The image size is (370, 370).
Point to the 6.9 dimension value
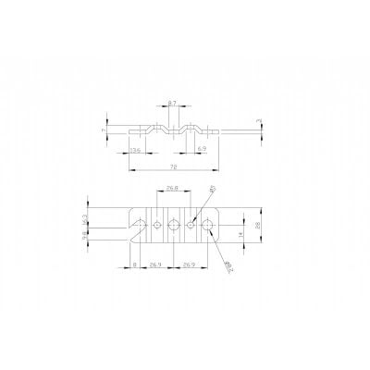pyautogui.click(x=202, y=148)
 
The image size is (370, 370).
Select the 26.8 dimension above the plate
pyautogui.click(x=172, y=189)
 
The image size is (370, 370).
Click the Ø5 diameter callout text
pyautogui.click(x=212, y=191)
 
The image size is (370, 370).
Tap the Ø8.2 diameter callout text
pyautogui.click(x=228, y=265)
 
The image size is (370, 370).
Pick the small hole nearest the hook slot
pyautogui.click(x=159, y=225)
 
